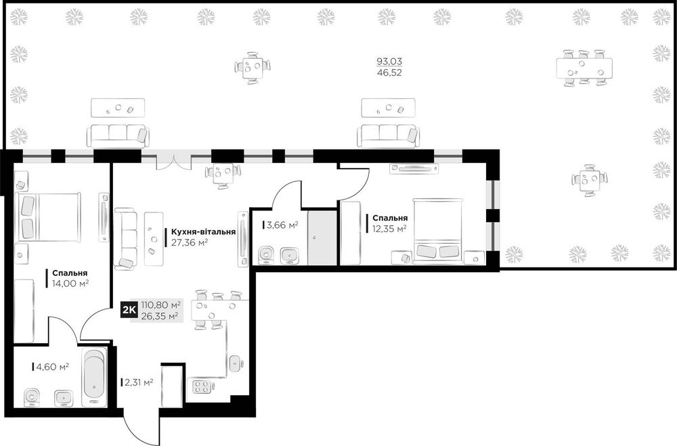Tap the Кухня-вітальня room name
(203, 232)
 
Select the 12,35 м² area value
(390, 229)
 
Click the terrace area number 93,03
(389, 62)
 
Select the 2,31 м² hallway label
(139, 382)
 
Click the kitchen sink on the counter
(236, 363)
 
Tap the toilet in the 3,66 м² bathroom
(265, 254)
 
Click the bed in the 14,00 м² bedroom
(48, 217)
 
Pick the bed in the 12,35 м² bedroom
(437, 231)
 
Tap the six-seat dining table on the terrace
(584, 68)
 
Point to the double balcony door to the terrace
(173, 162)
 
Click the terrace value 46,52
(389, 72)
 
